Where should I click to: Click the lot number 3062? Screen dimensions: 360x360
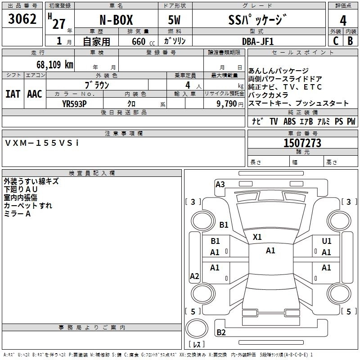22,19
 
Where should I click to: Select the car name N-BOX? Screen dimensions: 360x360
116,21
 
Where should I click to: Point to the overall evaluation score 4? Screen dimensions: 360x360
343,21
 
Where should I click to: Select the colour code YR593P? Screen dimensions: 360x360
74,103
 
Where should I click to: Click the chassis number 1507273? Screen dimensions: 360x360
302,144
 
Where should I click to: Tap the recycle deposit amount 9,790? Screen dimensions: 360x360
225,103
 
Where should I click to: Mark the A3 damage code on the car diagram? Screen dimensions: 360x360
220,184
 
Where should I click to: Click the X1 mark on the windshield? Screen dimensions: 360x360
257,237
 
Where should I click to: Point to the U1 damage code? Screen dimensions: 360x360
327,242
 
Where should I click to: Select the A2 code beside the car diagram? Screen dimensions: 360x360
194,276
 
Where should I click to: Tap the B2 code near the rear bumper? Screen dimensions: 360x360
221,333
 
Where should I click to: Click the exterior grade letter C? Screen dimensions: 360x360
335,41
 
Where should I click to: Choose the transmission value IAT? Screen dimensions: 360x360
13,94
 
